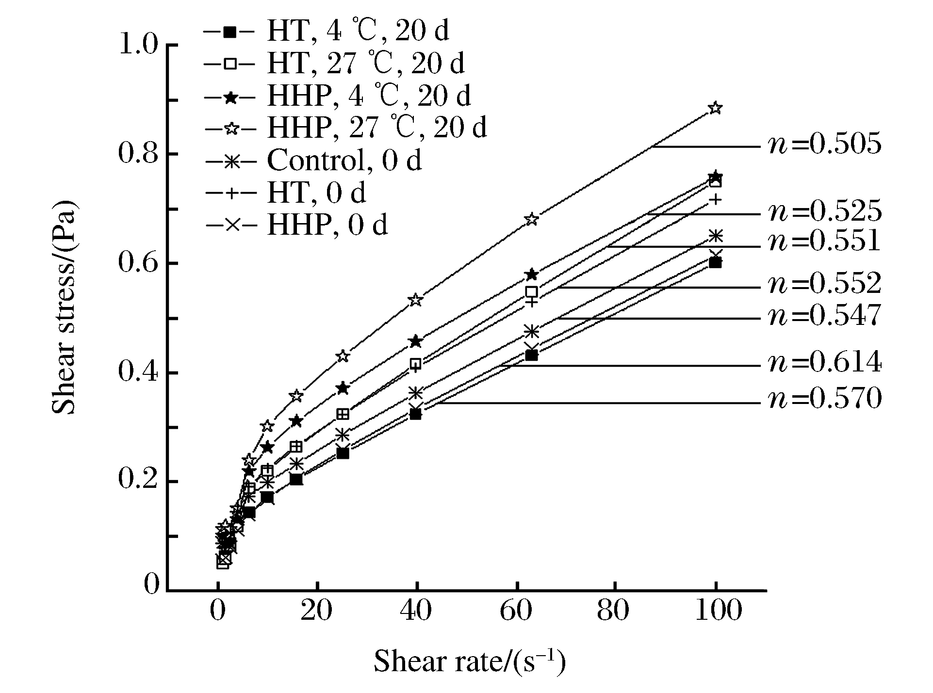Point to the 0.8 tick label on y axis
(x=139, y=154)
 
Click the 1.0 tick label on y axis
(x=139, y=45)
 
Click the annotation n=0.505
(x=824, y=145)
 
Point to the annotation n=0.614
(x=824, y=363)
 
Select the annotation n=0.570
(x=824, y=400)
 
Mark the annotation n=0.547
(x=824, y=316)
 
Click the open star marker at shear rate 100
(x=715, y=108)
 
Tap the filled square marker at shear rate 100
(x=715, y=263)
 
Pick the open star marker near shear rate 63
(x=532, y=219)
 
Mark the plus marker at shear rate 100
(x=716, y=199)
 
